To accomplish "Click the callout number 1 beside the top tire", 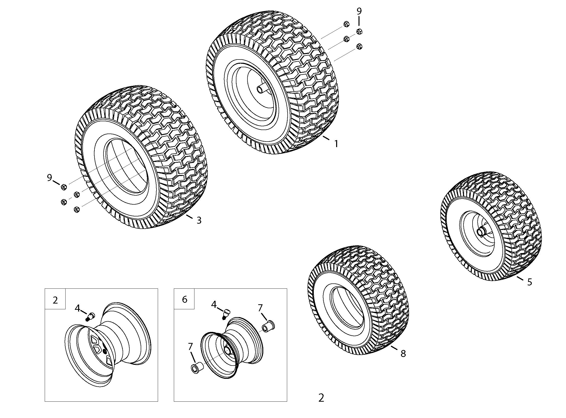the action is (336, 144).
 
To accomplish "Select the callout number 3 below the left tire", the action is (199, 220).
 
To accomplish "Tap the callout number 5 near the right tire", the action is (530, 282).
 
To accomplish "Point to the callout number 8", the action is (403, 353).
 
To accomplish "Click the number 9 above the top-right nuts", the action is (359, 11).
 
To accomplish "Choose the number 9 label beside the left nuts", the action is (49, 178).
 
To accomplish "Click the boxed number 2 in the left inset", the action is (55, 300).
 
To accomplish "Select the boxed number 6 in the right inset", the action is (185, 299).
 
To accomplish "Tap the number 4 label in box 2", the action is (77, 308).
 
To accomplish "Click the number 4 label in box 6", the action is (214, 305).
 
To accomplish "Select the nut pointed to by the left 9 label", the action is (64, 188).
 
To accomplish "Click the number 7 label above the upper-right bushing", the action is (260, 308).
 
